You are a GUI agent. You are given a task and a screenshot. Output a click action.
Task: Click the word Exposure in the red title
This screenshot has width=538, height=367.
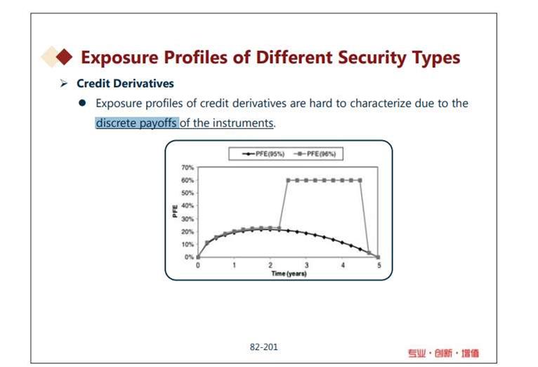click(x=119, y=58)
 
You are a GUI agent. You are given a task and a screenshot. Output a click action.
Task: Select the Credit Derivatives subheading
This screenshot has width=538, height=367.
click(x=125, y=84)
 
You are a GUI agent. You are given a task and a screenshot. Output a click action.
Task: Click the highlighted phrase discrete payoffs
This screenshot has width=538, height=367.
click(x=136, y=122)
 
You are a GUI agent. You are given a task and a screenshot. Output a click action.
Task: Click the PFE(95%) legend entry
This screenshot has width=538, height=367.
click(x=263, y=154)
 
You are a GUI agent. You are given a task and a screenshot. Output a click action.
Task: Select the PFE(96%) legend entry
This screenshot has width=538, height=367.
click(x=315, y=154)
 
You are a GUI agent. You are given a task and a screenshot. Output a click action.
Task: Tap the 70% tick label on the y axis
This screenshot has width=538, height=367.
click(x=188, y=167)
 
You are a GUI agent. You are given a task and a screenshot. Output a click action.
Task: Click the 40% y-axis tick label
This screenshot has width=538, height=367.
click(x=188, y=205)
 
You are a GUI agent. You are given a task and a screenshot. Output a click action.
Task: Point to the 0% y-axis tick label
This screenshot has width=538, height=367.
click(x=190, y=257)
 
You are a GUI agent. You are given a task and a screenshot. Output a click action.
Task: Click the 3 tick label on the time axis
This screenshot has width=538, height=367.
click(x=306, y=265)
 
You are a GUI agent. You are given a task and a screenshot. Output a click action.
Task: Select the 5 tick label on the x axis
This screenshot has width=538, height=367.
click(x=379, y=265)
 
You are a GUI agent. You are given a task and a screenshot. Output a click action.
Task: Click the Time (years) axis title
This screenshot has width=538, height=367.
click(x=289, y=273)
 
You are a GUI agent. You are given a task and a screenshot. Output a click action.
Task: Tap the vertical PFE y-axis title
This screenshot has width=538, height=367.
click(x=175, y=211)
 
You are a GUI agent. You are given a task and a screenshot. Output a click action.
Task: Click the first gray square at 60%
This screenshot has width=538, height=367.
click(x=288, y=180)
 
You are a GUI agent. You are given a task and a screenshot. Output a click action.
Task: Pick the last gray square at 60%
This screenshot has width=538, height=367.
click(x=360, y=180)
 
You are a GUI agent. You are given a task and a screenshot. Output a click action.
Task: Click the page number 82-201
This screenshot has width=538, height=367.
click(x=264, y=347)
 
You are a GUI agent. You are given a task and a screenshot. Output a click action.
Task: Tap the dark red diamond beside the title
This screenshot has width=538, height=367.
click(x=64, y=57)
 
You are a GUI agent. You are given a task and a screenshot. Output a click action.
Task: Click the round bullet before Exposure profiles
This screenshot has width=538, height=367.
click(x=82, y=103)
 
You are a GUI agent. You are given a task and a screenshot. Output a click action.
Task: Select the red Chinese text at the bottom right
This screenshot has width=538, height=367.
click(x=443, y=353)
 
